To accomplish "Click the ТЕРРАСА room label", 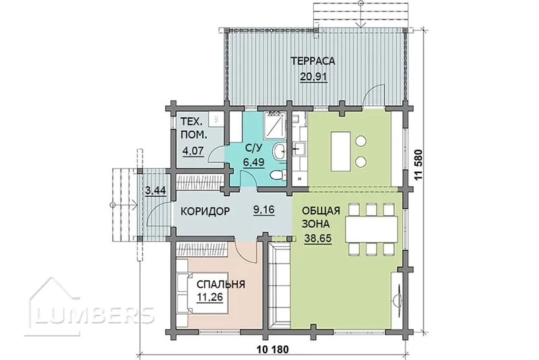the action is (x=313, y=61).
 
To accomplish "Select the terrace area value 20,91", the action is (x=313, y=77).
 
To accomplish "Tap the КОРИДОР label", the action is (x=205, y=211).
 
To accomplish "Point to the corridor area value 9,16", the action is (x=263, y=210).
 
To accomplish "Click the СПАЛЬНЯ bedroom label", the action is (x=221, y=284).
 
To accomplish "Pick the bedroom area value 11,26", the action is (x=210, y=297).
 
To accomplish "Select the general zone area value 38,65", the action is (x=318, y=238).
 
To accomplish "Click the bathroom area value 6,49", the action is (x=254, y=161).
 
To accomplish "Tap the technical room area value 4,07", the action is (x=193, y=151).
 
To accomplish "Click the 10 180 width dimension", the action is (x=273, y=350).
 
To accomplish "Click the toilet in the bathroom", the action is (x=278, y=175).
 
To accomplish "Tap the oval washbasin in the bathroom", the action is (x=279, y=151).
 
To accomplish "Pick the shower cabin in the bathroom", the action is (x=275, y=125).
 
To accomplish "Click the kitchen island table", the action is (x=341, y=151).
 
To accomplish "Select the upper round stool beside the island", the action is (x=360, y=141).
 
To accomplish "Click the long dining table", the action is (x=372, y=229).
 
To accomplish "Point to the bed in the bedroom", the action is (x=203, y=293).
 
